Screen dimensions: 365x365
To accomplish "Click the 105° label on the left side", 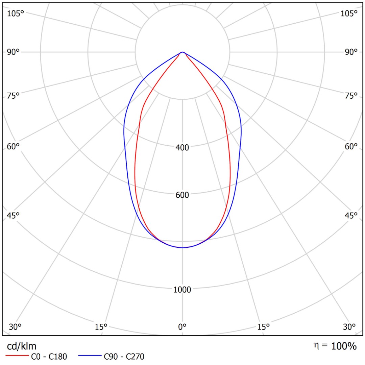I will point(16,14).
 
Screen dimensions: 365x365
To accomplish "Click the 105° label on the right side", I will point(349,14).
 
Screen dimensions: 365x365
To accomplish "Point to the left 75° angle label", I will point(14,96).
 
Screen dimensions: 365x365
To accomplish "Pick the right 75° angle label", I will point(351,96).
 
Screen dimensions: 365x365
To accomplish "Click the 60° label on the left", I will point(14,146).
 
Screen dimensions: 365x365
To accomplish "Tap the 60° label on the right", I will point(351,146).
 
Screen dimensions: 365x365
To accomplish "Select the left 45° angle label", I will point(14,215).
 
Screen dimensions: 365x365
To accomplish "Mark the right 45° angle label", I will point(351,215).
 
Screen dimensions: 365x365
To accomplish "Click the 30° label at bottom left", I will point(15,327).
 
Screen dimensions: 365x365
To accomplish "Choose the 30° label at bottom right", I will point(349,327).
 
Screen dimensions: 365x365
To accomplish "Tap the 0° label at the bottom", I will point(182,327).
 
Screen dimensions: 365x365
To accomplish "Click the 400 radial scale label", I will point(182,147).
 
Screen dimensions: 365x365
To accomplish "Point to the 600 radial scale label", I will point(182,195).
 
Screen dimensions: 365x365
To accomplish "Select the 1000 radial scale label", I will point(182,290).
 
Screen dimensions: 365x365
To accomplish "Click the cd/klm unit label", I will point(22,346).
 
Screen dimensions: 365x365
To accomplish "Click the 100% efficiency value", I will point(344,346).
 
